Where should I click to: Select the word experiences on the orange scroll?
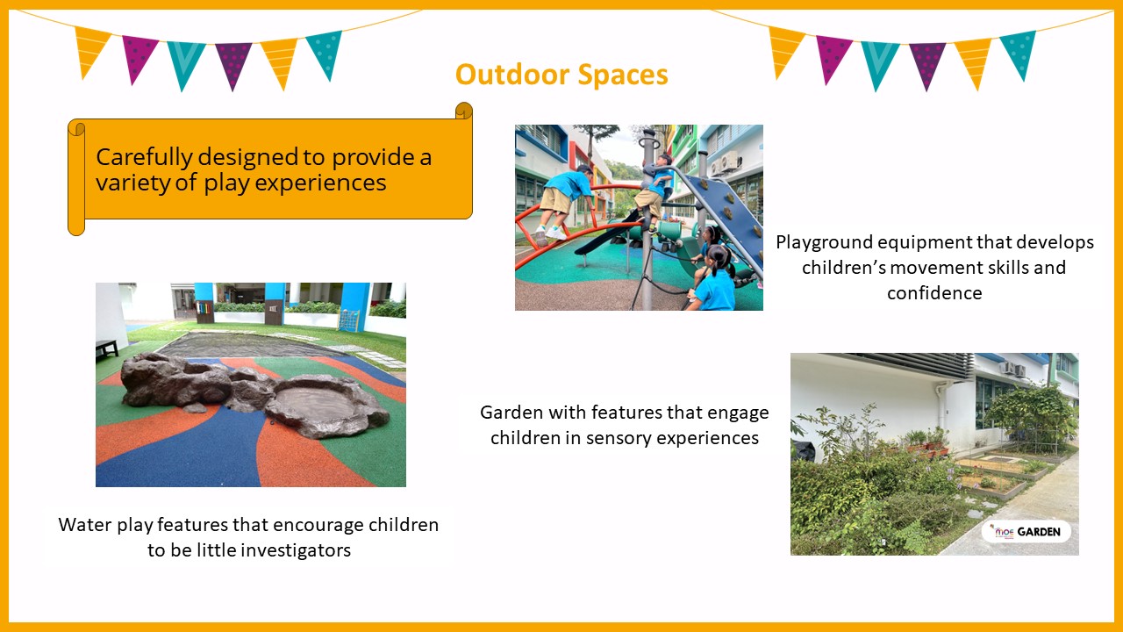(x=321, y=183)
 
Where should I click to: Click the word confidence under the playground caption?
(x=934, y=293)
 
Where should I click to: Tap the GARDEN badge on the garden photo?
(x=1026, y=532)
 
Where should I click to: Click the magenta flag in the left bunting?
(x=138, y=58)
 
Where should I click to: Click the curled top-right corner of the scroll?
(x=464, y=111)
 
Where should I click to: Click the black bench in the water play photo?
(x=106, y=348)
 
